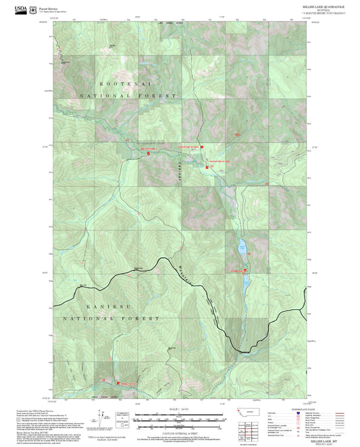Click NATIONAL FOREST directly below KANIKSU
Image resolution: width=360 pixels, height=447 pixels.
point(110,318)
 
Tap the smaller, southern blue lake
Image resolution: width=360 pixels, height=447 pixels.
point(246,278)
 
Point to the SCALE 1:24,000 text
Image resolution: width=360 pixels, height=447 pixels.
point(179,409)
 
